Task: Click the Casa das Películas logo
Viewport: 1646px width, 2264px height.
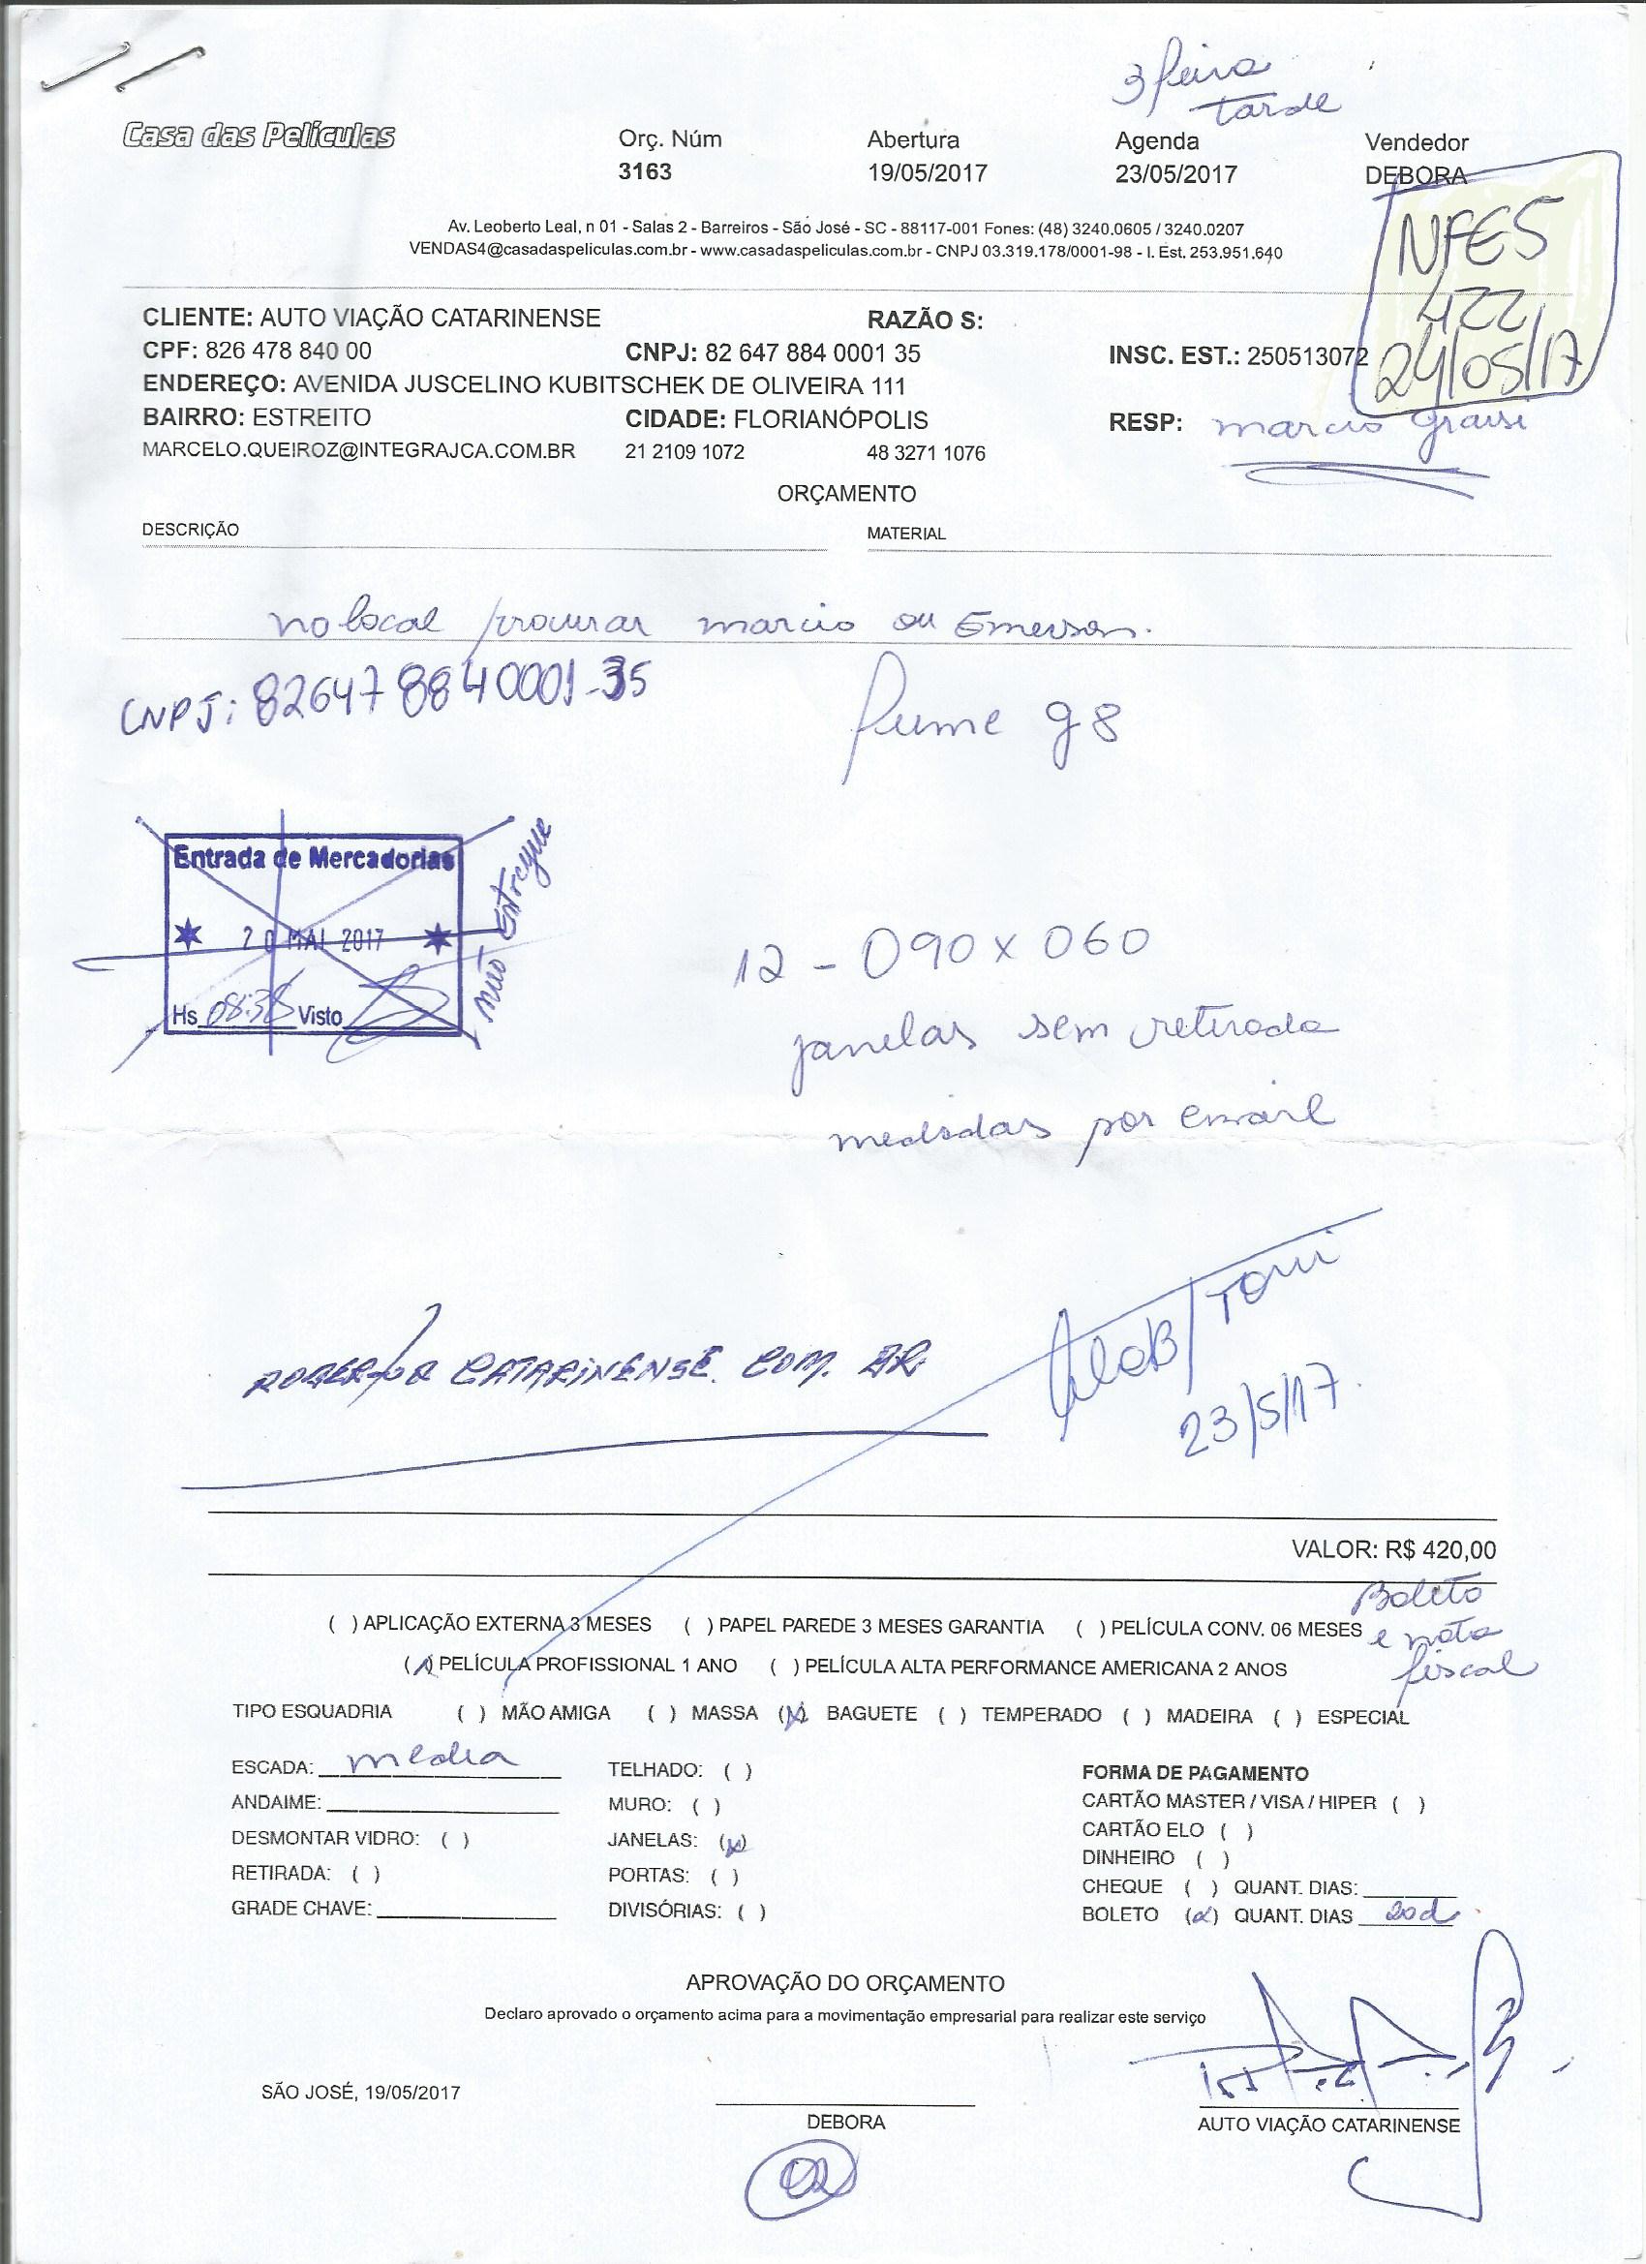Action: pyautogui.click(x=258, y=135)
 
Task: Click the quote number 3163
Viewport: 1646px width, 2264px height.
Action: pyautogui.click(x=645, y=171)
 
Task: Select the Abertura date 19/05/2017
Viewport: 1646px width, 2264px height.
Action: pyautogui.click(x=928, y=172)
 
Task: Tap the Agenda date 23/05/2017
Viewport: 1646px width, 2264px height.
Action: pyautogui.click(x=1175, y=173)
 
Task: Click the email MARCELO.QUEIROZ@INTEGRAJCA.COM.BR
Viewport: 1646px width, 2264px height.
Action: pyautogui.click(x=359, y=450)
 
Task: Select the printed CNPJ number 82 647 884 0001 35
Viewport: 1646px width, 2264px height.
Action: pyautogui.click(x=812, y=353)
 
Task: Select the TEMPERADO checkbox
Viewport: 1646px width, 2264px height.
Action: pyautogui.click(x=957, y=1715)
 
